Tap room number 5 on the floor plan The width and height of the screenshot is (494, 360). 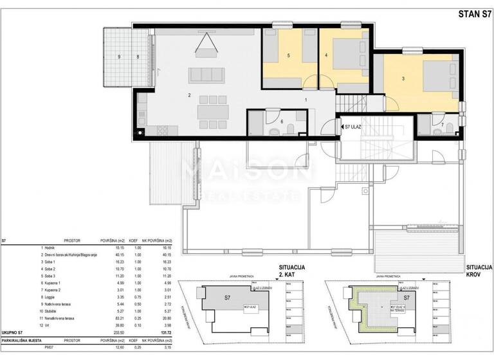pyautogui.click(x=289, y=57)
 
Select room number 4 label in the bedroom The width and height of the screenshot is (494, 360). pyautogui.click(x=327, y=56)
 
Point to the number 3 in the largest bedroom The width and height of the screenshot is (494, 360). pyautogui.click(x=403, y=78)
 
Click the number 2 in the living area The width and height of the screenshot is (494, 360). pyautogui.click(x=189, y=95)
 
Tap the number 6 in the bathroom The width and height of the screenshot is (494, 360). pyautogui.click(x=281, y=121)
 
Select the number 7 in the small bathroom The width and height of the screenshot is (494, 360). pyautogui.click(x=442, y=123)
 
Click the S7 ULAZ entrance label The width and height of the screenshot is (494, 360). pyautogui.click(x=353, y=127)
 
